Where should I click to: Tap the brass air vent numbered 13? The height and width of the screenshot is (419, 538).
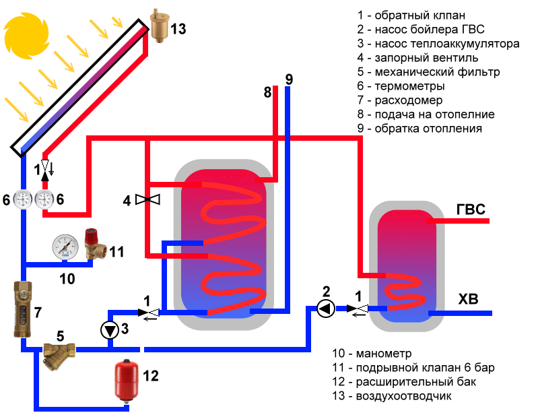[x=160, y=28]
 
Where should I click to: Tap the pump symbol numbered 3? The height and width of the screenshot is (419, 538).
[x=109, y=329]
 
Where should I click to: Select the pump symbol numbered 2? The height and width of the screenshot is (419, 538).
[x=326, y=309]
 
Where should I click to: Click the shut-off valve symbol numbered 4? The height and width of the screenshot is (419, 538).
[x=147, y=199]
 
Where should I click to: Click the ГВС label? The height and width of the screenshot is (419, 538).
[x=471, y=209]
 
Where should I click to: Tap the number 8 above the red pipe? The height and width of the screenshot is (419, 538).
[x=267, y=92]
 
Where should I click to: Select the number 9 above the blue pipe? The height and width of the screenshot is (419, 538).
[x=288, y=78]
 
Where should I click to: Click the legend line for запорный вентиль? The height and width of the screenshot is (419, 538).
[x=417, y=58]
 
